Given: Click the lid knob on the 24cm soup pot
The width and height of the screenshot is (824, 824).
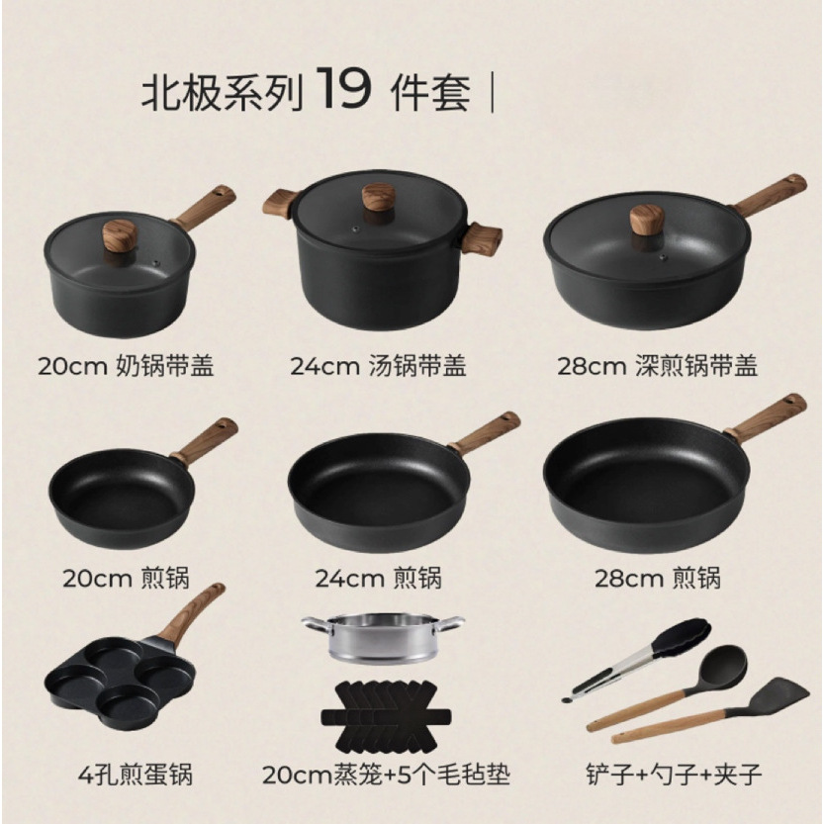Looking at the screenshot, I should point(378,197).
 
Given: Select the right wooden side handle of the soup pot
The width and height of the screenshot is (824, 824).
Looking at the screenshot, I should point(481,238).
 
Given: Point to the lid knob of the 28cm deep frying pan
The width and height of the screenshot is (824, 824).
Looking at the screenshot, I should point(647,218).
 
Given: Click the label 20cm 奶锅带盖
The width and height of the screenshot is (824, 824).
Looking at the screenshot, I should point(127,367).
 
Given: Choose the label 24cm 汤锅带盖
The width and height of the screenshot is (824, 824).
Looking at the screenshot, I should point(379,367).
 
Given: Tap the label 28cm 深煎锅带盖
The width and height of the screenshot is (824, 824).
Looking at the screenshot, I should point(657,367).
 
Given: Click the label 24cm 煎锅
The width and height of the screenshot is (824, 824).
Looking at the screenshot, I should point(379,577).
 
